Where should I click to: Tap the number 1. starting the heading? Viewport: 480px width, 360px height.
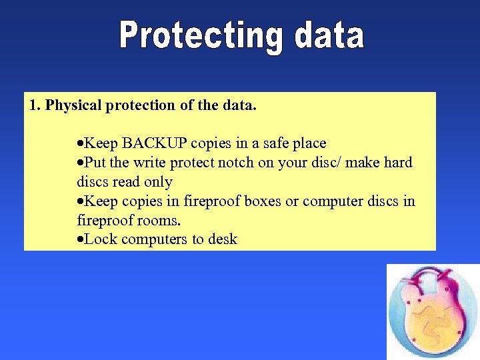(35, 105)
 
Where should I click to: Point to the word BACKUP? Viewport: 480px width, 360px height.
(155, 143)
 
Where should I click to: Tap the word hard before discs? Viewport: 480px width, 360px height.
(397, 163)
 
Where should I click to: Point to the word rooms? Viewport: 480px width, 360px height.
(160, 220)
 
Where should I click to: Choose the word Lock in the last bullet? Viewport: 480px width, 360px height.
(99, 239)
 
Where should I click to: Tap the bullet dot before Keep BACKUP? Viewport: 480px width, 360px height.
(80, 144)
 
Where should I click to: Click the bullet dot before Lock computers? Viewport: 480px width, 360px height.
(80, 240)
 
